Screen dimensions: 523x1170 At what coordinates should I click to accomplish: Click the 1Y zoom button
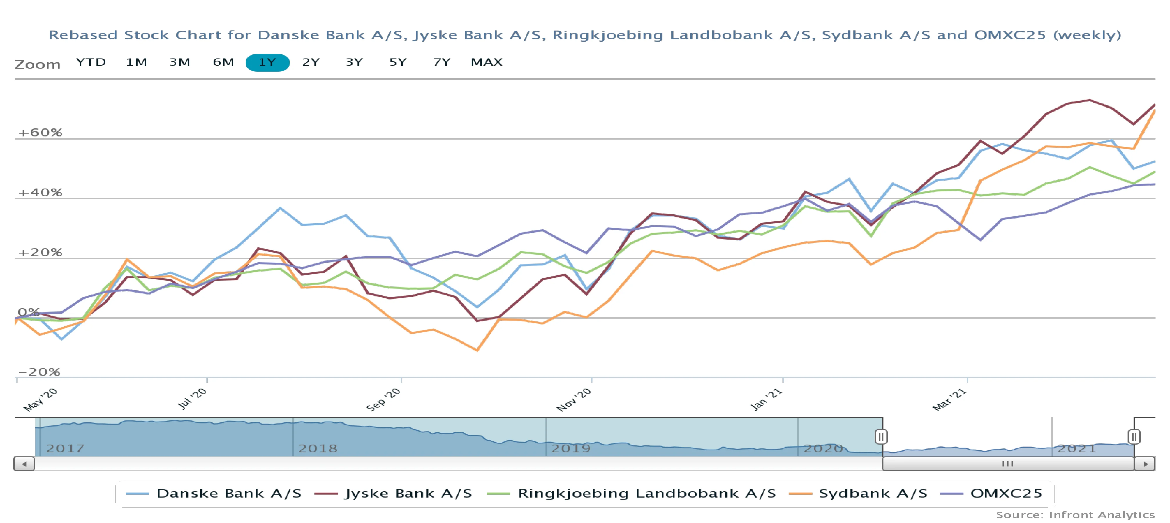267,62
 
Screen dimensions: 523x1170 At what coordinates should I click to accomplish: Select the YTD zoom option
91,62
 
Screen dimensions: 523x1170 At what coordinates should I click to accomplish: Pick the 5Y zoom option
398,62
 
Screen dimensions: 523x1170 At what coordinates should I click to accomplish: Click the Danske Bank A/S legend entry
214,494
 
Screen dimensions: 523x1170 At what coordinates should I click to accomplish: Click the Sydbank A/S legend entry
859,494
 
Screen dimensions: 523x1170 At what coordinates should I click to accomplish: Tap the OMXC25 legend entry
991,494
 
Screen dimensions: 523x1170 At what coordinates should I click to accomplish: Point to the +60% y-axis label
40,133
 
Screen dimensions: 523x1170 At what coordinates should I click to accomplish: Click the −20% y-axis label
39,372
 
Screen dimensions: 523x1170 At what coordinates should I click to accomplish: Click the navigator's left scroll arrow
24,464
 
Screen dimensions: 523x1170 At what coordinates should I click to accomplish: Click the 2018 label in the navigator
318,448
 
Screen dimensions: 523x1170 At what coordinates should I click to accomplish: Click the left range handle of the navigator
881,437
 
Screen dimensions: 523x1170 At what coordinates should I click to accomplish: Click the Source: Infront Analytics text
1075,515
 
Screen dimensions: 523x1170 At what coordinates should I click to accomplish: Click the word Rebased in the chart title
83,35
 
